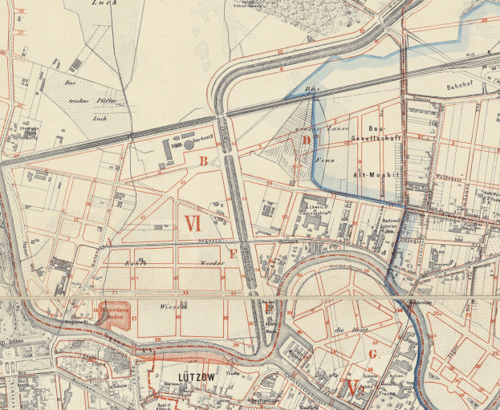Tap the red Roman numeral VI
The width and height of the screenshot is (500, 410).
click(x=192, y=223)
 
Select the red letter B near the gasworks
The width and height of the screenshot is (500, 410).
click(x=204, y=161)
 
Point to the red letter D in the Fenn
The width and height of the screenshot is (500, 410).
click(x=307, y=141)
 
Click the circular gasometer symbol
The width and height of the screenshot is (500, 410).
click(x=189, y=145)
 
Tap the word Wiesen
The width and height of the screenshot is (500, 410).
click(x=173, y=306)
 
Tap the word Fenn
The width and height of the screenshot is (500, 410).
click(x=323, y=159)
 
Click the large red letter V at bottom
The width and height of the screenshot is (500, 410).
click(x=351, y=388)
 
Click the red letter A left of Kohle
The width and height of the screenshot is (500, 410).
click(x=109, y=241)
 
